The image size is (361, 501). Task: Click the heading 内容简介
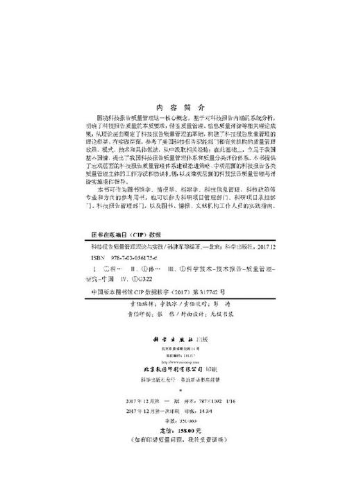(180, 109)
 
